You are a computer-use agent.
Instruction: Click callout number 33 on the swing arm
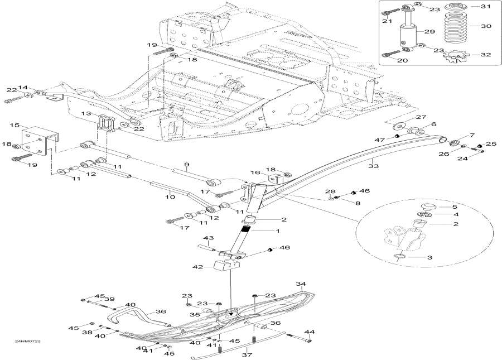tap(374, 165)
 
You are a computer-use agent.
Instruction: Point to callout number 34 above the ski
tap(301, 284)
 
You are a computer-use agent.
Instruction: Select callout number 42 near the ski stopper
tap(197, 267)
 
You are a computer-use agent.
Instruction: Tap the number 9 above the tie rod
tap(187, 164)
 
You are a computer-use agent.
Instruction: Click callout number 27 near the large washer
tap(421, 117)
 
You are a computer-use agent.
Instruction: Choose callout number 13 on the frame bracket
tap(86, 113)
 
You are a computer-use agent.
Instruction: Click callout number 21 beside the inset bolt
tap(385, 21)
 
